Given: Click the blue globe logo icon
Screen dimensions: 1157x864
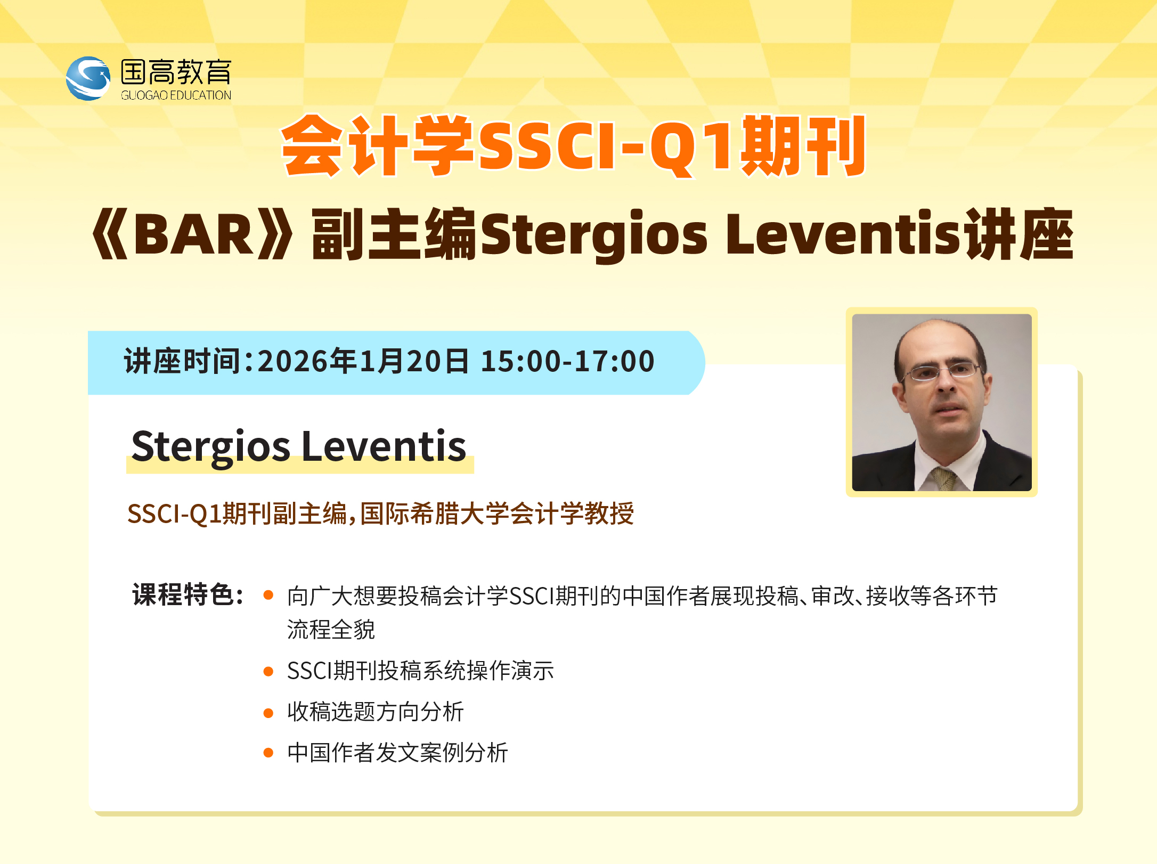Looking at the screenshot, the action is tap(88, 78).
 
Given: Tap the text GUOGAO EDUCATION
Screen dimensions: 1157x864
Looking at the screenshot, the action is tap(176, 95).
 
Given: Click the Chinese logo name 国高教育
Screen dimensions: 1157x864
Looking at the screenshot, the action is tap(176, 72).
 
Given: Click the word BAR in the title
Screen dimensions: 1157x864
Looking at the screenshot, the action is tap(193, 234).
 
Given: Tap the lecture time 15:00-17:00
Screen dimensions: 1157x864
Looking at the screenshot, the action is tap(568, 362).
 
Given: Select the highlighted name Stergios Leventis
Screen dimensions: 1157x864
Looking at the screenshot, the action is tap(299, 447).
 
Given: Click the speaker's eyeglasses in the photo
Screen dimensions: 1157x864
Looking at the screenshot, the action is tap(943, 371).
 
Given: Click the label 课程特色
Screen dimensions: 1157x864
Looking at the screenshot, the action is tap(183, 594).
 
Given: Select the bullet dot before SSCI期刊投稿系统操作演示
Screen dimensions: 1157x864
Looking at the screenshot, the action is tap(268, 671).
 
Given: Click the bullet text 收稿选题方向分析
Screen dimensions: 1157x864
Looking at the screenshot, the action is tap(376, 712).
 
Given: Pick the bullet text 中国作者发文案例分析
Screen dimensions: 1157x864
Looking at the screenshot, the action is tap(397, 753).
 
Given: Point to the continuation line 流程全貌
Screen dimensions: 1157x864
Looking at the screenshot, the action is tap(331, 630).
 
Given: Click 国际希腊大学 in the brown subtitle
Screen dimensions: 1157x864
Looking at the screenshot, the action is tap(422, 514).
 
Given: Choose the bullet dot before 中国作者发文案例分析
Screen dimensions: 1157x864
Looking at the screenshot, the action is tap(268, 753).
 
